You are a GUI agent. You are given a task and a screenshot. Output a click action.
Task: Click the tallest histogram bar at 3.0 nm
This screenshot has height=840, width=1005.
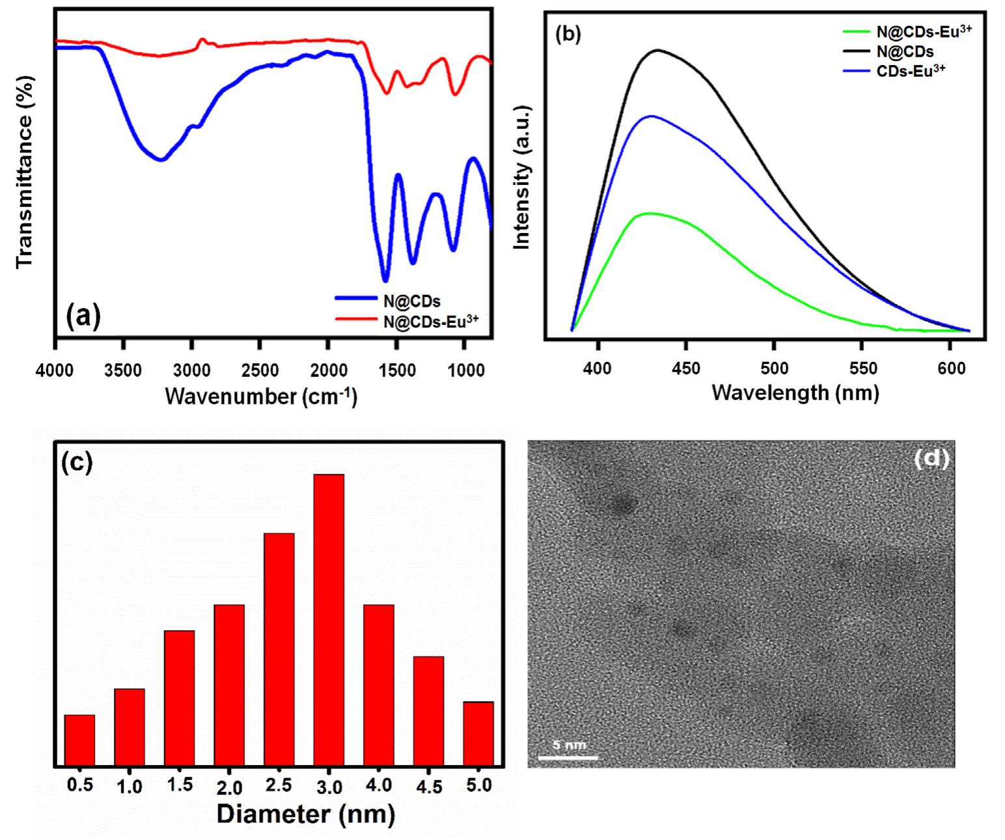point(329,619)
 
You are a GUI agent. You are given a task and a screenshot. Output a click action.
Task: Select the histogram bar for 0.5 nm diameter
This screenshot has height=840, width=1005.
point(79,740)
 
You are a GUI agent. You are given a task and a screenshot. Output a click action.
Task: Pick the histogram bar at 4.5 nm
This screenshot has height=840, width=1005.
point(428,710)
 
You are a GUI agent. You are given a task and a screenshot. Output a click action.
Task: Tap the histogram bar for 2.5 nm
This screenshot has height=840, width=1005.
point(279,649)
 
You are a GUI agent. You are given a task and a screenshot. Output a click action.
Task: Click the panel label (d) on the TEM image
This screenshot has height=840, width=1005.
point(931,459)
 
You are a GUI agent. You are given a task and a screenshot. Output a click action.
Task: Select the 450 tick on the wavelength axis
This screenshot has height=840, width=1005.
point(685,369)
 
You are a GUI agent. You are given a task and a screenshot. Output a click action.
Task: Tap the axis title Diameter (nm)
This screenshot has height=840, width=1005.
point(306,814)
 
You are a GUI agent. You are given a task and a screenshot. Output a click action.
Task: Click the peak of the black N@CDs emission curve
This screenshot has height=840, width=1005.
point(658,50)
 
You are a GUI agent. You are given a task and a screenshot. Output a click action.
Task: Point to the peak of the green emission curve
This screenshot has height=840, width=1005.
point(648,214)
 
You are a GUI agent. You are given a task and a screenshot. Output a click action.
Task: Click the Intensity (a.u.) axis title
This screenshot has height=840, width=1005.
point(523,176)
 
